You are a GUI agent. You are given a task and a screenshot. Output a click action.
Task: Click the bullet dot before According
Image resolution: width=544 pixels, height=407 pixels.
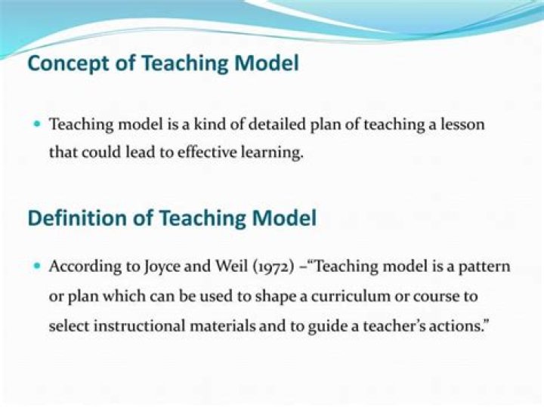pos(37,267)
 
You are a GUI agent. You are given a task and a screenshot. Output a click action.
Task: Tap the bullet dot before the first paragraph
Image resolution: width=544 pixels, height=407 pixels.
pos(37,124)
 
